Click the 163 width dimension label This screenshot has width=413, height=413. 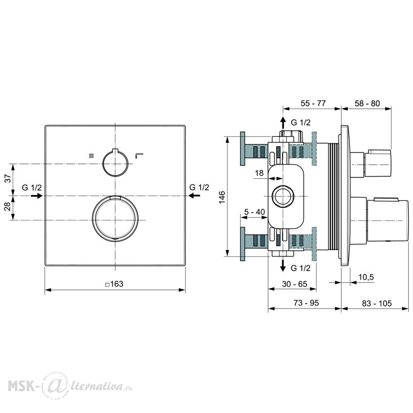[x=114, y=284]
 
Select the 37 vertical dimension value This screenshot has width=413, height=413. [x=8, y=178]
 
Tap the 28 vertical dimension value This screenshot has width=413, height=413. [x=8, y=206]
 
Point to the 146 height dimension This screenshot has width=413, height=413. [x=222, y=197]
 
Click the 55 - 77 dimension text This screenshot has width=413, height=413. [x=313, y=103]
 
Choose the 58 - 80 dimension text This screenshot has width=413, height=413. [x=367, y=104]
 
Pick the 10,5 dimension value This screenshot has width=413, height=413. [x=366, y=277]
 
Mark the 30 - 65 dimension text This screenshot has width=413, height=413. [x=294, y=284]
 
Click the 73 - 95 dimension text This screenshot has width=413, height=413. [x=306, y=303]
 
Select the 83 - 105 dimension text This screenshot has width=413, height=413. [x=377, y=304]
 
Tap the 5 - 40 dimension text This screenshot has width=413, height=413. [x=254, y=212]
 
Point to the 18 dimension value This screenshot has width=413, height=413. [x=259, y=173]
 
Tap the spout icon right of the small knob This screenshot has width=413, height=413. [x=139, y=155]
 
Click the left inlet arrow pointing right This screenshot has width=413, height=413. [x=37, y=196]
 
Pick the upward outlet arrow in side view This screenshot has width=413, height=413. [x=282, y=123]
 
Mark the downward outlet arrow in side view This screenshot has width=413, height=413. [x=282, y=265]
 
